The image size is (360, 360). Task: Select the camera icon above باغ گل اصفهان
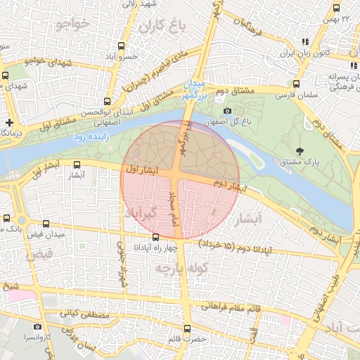[226, 111]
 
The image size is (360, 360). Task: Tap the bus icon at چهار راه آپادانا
[155, 238]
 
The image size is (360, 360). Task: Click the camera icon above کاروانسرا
[37, 326]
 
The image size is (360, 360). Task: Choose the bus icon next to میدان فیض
[7, 219]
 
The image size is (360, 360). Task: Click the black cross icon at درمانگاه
[9, 122]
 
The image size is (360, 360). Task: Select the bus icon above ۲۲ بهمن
[336, 8]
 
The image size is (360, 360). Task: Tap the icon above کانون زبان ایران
[304, 41]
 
